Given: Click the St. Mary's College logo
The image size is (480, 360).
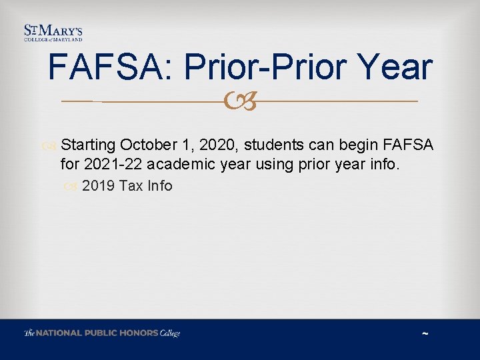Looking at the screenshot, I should pos(53,33).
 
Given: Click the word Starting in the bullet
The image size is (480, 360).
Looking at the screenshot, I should pos(88,145).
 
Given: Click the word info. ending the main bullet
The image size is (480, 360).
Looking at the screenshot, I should pos(384,164).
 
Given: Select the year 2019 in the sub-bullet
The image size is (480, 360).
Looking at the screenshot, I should pos(99,186).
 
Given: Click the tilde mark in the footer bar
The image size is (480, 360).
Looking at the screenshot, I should pos(425,333).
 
